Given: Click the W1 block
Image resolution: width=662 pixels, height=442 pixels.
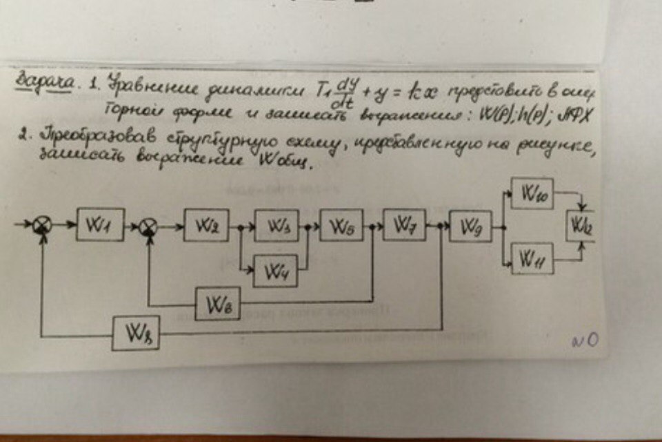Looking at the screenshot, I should point(100,224).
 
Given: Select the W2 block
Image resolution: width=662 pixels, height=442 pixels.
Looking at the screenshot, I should point(206,225).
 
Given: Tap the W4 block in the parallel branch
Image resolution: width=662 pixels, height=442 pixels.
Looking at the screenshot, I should point(276,270).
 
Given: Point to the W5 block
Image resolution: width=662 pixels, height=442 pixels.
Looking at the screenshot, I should point(342,226).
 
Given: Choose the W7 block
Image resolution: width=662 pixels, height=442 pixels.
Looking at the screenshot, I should point(404,224).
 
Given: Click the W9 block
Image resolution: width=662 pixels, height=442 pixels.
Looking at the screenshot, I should point(470,226).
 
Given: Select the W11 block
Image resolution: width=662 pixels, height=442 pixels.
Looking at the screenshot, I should point(532,258).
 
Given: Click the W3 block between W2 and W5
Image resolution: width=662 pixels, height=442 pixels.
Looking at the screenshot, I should point(276,225).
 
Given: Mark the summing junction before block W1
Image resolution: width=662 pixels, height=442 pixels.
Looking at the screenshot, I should point(43,224).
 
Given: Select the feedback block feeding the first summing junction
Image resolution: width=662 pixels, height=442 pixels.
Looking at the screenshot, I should point(136,335).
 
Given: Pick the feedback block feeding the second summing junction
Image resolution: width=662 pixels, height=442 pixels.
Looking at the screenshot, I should point(217,304).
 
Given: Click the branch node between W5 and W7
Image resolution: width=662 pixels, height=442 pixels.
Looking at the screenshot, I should point(372,226).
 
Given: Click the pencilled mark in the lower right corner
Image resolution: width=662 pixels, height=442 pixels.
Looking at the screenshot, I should point(584,338).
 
